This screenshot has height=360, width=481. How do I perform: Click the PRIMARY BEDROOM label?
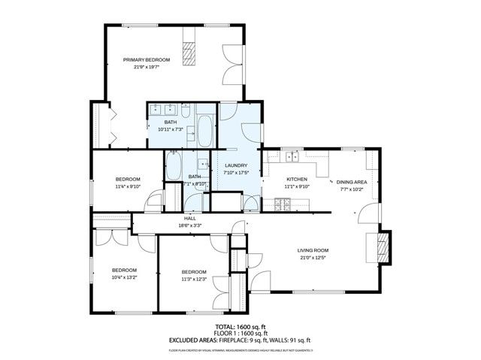pyautogui.click(x=147, y=59)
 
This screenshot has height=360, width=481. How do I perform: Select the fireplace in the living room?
pyautogui.click(x=384, y=249)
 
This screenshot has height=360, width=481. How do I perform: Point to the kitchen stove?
pyautogui.click(x=283, y=203)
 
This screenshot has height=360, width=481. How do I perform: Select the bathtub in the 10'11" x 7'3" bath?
pyautogui.click(x=205, y=129)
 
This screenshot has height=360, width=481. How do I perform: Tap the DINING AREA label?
pyautogui.click(x=351, y=182)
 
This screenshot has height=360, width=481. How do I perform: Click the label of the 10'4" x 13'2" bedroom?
pyautogui.click(x=124, y=270)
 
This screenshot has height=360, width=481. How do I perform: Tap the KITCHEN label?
pyautogui.click(x=296, y=179)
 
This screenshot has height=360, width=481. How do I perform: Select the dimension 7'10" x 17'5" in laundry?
pyautogui.click(x=236, y=173)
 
